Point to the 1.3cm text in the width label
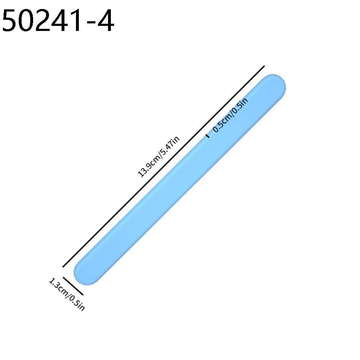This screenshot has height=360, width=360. [x=57, y=287]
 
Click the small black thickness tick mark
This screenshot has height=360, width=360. [x=207, y=136]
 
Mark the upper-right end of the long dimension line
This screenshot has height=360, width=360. [x=264, y=66]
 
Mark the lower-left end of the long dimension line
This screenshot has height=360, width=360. [x=63, y=267]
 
